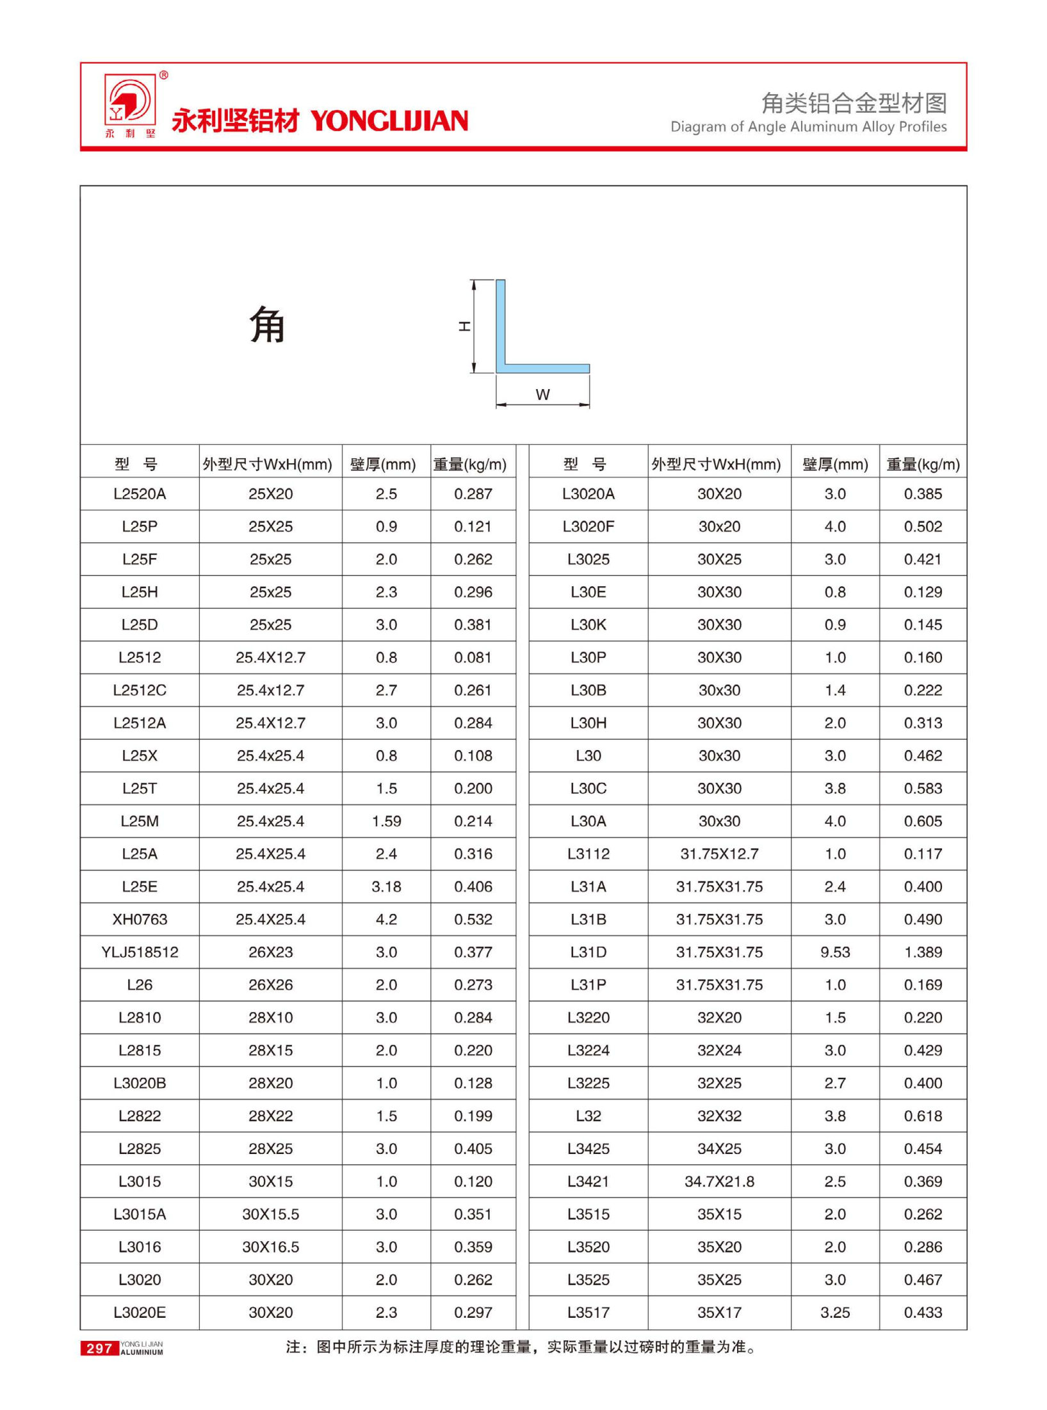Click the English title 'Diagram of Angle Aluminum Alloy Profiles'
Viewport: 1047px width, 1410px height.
808,127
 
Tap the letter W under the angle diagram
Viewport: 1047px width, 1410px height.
542,394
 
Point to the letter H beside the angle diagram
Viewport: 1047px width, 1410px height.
464,326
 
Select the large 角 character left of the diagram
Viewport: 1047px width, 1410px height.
267,324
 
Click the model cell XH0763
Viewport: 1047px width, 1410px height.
140,919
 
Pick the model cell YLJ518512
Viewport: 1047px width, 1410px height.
140,952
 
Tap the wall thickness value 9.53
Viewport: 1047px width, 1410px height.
835,952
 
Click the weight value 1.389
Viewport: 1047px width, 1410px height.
923,952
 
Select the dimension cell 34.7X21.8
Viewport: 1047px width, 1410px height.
719,1181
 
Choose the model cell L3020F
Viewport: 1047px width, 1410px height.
588,526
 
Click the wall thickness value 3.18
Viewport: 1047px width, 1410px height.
386,886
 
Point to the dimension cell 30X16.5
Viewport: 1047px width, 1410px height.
270,1247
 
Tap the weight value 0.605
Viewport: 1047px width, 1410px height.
923,821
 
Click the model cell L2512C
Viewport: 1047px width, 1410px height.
140,690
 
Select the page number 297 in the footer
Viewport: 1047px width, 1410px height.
99,1349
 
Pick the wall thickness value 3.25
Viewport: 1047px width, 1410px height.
835,1312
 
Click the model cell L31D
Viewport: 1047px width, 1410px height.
588,952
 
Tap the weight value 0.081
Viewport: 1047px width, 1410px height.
473,657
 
